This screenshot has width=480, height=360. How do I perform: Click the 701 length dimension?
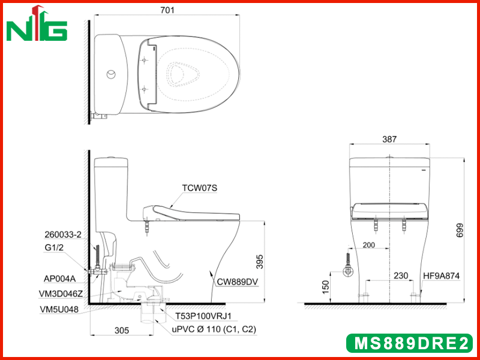pos(167,10)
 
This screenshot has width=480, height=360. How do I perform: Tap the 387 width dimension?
pos(389,139)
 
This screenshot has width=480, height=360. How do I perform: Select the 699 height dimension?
pos(460,230)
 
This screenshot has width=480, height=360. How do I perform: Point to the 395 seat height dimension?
pos(260,262)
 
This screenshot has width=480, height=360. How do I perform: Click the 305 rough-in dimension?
pos(122,331)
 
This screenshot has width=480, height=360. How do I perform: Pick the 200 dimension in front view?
pos(368,245)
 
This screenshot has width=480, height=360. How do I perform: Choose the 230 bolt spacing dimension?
pos(401,276)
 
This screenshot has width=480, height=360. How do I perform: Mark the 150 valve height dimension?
pos(325,287)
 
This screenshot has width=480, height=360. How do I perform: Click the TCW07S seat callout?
pos(200,188)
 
